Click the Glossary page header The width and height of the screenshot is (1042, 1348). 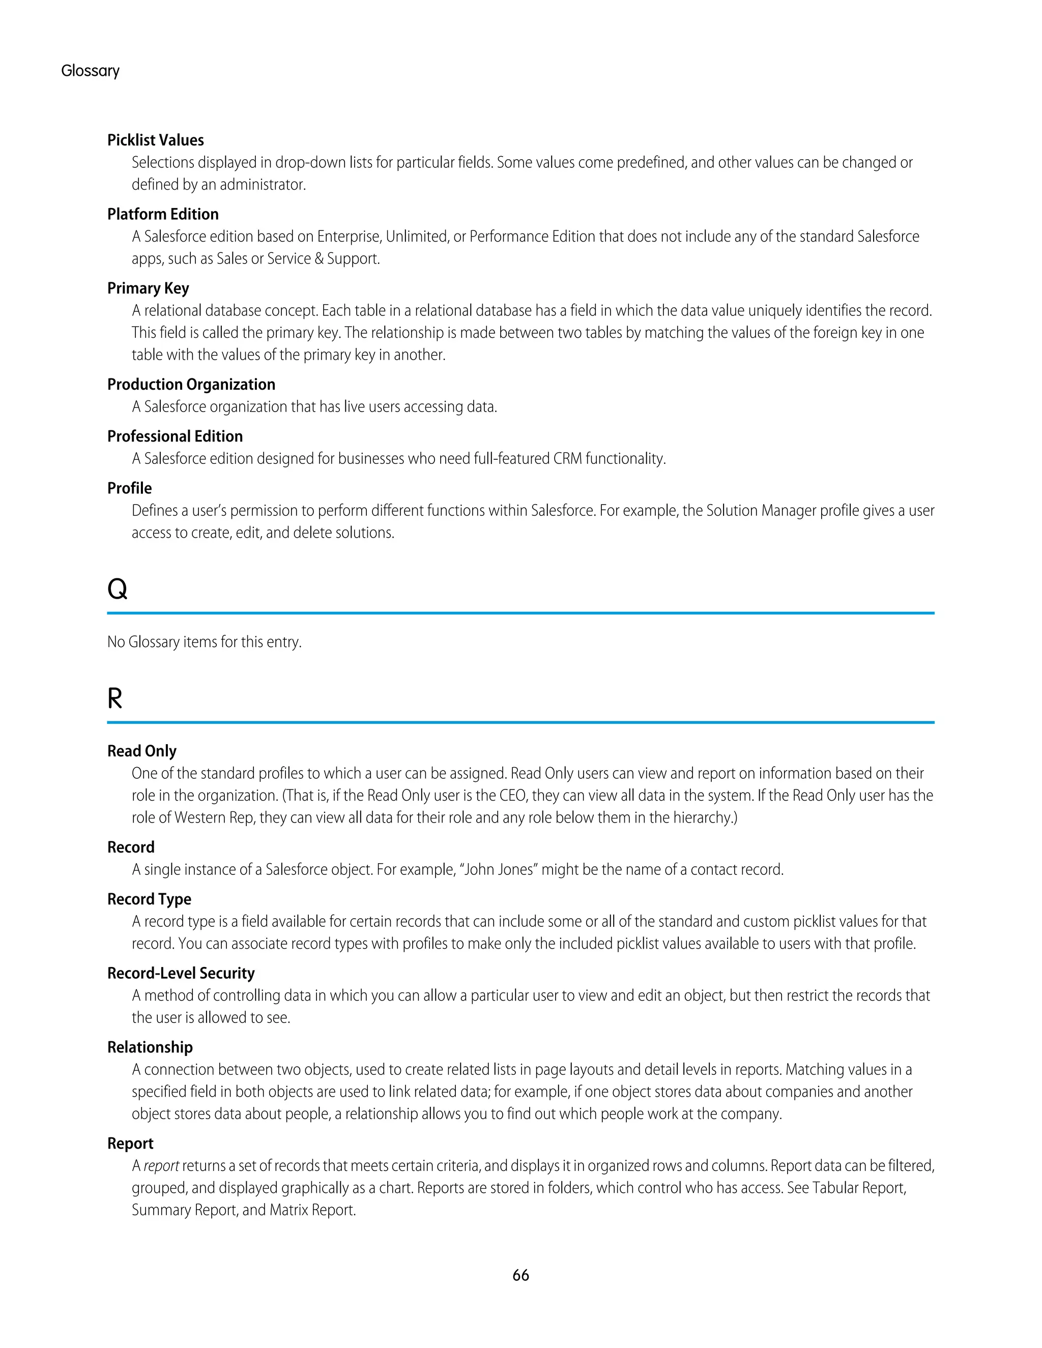tap(90, 71)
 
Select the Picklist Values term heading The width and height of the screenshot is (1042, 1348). tap(156, 140)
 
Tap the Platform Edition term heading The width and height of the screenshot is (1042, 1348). tap(163, 214)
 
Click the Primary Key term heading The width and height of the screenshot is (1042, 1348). tap(148, 288)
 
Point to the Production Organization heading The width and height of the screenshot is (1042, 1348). tap(191, 385)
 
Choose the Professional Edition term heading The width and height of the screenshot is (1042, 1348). tap(176, 436)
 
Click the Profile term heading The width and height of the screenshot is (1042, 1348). tap(130, 488)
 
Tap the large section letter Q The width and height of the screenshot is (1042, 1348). tap(118, 589)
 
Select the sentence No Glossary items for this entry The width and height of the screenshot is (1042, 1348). tap(205, 642)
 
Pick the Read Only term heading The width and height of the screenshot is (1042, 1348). tap(142, 751)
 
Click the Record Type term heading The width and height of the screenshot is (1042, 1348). tap(150, 899)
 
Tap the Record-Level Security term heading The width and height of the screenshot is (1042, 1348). tap(181, 973)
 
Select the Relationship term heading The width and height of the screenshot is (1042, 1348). tap(150, 1047)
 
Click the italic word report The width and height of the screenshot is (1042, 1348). tap(162, 1166)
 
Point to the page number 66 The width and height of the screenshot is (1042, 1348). tap(521, 1275)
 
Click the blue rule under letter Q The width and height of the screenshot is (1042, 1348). tap(520, 613)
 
